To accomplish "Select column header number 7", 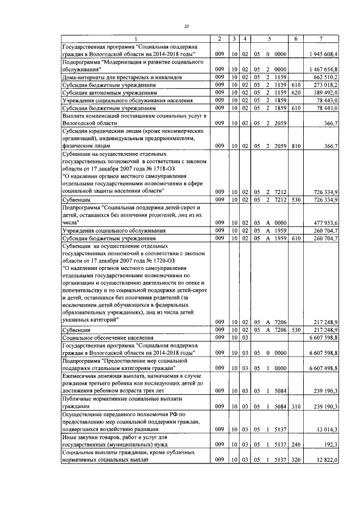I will coord(321,38).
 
